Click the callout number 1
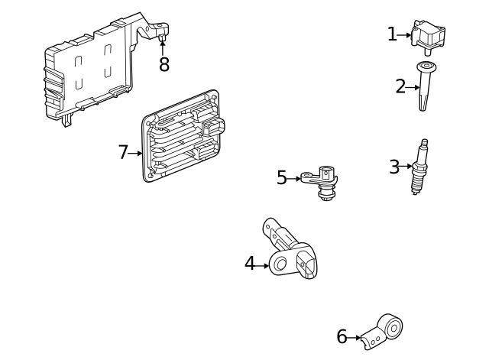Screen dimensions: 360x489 pyautogui.click(x=392, y=34)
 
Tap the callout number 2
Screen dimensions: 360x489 pyautogui.click(x=400, y=86)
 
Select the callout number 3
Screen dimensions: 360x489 pyautogui.click(x=394, y=167)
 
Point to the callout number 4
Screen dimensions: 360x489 pyautogui.click(x=250, y=264)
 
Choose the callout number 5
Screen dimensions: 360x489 pyautogui.click(x=282, y=178)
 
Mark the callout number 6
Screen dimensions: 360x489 pyautogui.click(x=342, y=336)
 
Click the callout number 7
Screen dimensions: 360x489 pyautogui.click(x=123, y=152)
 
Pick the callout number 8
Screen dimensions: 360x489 pyautogui.click(x=164, y=64)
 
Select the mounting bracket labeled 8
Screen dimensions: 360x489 pyautogui.click(x=92, y=69)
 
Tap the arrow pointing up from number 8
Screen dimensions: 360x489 pyautogui.click(x=162, y=47)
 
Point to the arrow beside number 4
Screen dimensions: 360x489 pyautogui.click(x=263, y=265)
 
